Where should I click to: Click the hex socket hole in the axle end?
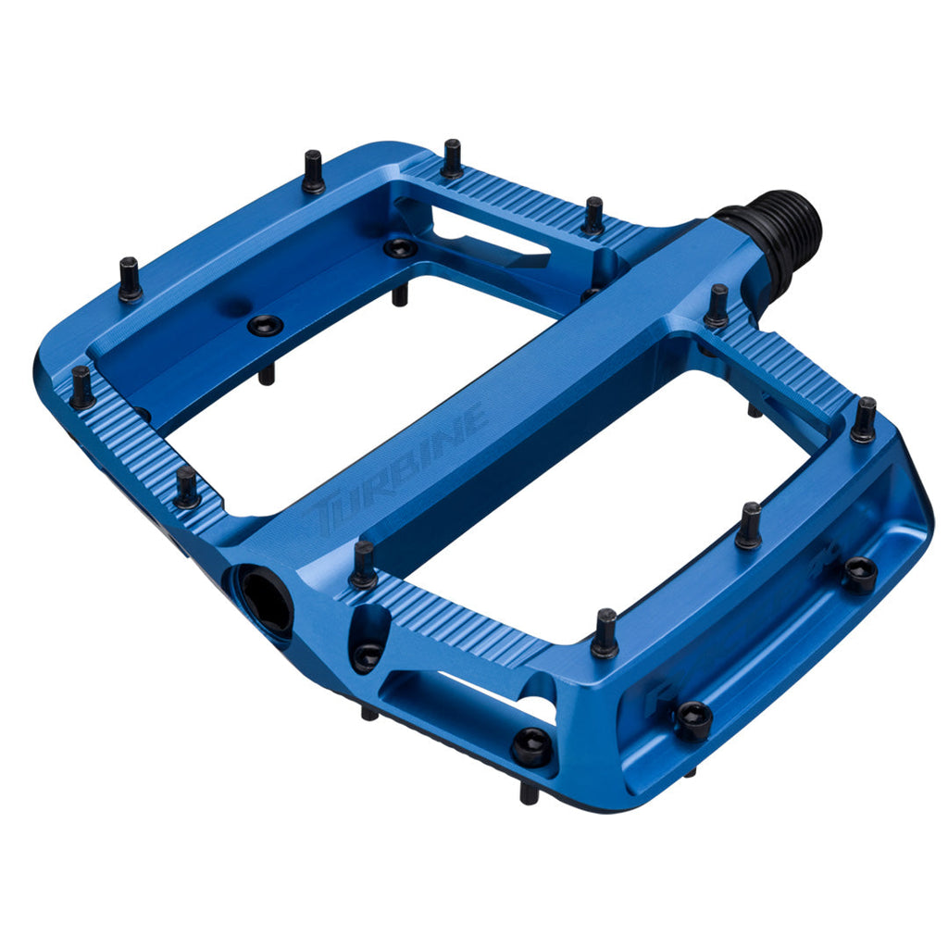(x=267, y=600)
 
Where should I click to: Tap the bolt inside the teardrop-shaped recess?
(x=367, y=656)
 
